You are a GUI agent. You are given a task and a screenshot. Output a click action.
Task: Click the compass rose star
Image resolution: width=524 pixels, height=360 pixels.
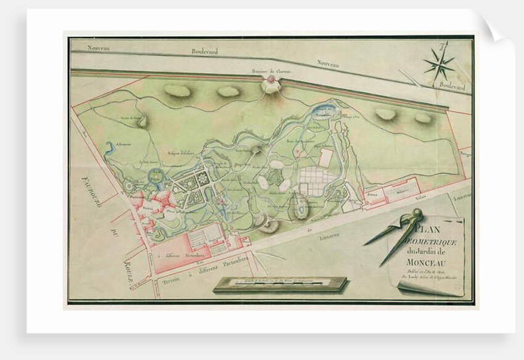pyautogui.click(x=439, y=64)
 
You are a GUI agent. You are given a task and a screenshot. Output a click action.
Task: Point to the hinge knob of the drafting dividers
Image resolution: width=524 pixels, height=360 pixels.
pyautogui.click(x=417, y=214)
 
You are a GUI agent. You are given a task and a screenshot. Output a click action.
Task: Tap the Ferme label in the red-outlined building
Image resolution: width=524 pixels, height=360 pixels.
pyautogui.click(x=372, y=192)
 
